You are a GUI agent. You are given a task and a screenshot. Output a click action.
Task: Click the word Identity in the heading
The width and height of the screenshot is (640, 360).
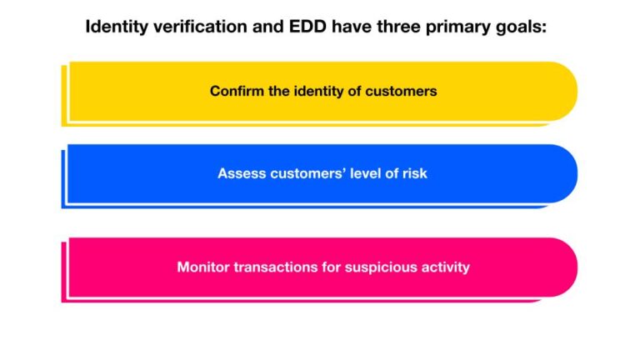coord(115,27)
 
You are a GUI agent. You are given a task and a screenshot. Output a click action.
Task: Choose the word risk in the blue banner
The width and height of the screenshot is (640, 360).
coord(414,173)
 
